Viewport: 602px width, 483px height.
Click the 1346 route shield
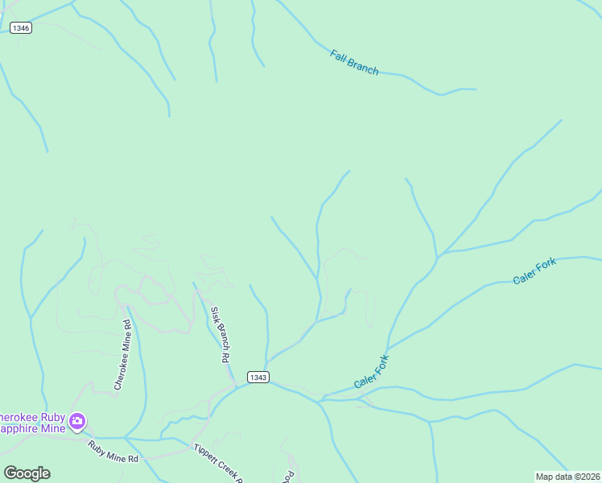tap(21, 28)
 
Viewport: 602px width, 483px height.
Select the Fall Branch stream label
tap(354, 62)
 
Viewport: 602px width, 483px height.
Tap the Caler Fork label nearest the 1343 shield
tap(371, 371)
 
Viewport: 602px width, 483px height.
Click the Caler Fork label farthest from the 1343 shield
tap(534, 272)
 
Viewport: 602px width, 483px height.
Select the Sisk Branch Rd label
tap(221, 333)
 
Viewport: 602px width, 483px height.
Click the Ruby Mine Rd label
tap(113, 452)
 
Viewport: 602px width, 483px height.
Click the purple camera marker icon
tap(77, 420)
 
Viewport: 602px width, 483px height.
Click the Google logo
tap(27, 473)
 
